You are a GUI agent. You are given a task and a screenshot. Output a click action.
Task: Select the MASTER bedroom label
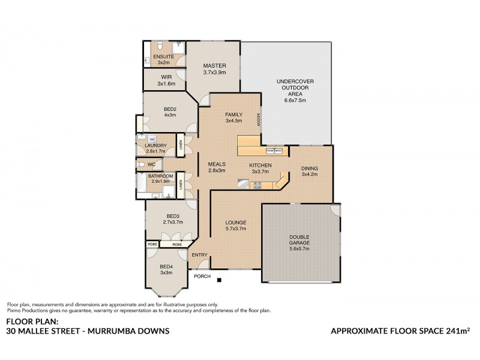click(213, 66)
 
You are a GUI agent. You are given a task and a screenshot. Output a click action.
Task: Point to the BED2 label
click(169, 109)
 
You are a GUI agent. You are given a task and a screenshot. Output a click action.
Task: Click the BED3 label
click(173, 216)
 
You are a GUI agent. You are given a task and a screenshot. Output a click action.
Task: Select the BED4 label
click(166, 267)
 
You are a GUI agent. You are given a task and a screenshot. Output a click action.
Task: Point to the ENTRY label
click(199, 255)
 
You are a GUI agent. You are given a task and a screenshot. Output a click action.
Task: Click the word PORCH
click(200, 277)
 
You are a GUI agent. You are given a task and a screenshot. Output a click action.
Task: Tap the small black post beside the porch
click(220, 280)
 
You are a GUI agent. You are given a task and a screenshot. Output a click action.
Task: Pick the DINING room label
click(310, 169)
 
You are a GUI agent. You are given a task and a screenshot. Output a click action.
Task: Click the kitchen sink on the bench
click(274, 149)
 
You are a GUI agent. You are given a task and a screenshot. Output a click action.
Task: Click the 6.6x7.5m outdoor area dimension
click(295, 100)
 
